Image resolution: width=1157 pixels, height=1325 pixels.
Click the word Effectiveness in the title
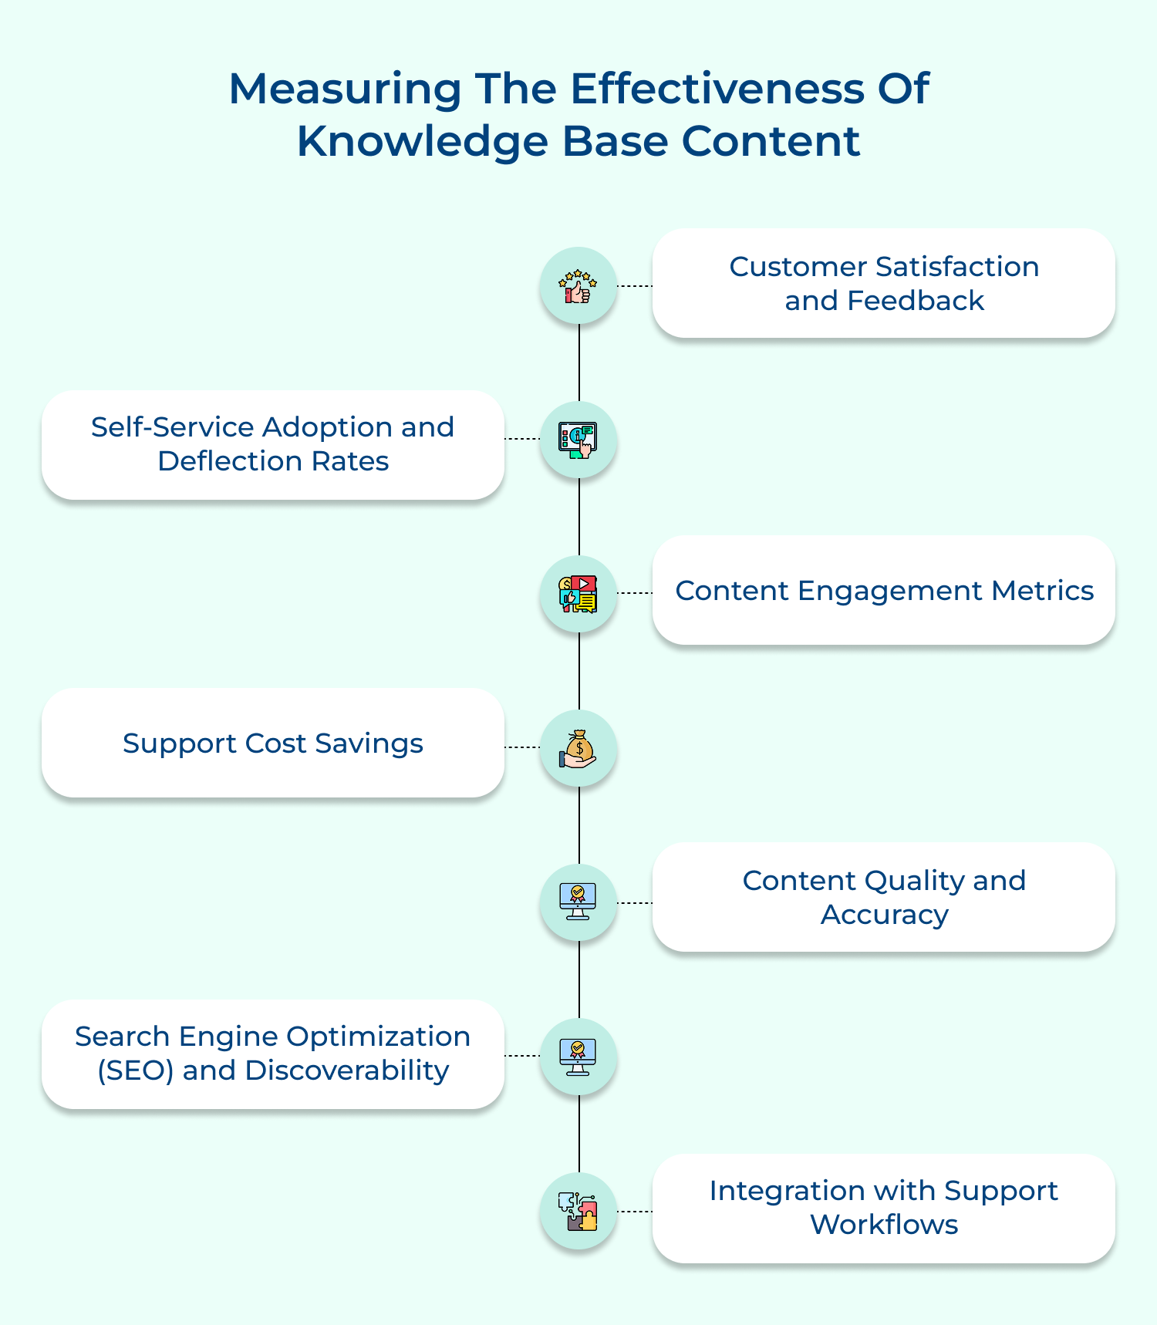click(717, 89)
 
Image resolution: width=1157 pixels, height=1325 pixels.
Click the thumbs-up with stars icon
click(578, 286)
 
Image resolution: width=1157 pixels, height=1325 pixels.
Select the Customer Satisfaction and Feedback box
click(883, 283)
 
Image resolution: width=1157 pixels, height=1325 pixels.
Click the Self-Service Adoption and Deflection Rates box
click(272, 444)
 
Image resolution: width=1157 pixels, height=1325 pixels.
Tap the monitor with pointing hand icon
click(578, 440)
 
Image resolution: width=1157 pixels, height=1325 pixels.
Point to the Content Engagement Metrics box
click(883, 590)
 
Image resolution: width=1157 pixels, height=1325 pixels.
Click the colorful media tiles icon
click(578, 595)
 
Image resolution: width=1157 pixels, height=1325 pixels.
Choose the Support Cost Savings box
click(272, 743)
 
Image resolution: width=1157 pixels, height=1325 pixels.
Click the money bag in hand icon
click(578, 749)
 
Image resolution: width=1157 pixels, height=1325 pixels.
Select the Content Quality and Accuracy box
click(883, 897)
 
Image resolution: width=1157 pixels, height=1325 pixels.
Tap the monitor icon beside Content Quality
click(578, 902)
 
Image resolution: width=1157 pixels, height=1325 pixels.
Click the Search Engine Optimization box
click(272, 1054)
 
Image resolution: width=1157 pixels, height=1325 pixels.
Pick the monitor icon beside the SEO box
click(578, 1057)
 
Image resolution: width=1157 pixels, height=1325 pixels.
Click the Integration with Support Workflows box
click(883, 1208)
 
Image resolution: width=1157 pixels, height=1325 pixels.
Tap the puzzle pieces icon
click(578, 1212)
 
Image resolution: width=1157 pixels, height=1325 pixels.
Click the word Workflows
click(884, 1225)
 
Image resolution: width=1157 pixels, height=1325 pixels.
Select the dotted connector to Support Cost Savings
click(522, 747)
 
